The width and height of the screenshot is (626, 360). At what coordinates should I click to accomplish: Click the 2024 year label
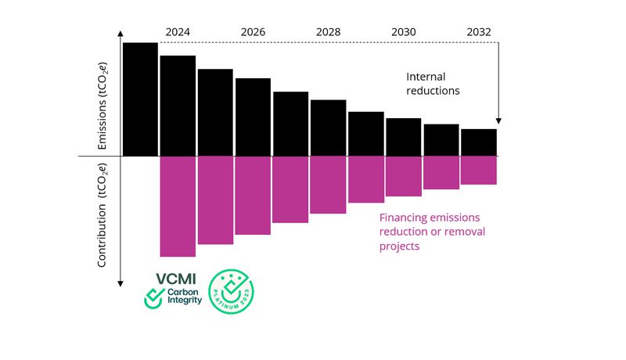[x=178, y=32]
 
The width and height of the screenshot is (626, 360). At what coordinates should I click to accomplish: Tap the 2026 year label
[x=253, y=32]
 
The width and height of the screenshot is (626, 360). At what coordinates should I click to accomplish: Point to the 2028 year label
[x=328, y=32]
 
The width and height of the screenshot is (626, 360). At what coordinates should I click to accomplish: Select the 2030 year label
[x=403, y=32]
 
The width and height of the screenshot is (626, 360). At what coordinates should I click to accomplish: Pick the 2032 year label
[x=478, y=32]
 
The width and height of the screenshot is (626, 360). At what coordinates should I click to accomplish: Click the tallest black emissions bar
[x=140, y=99]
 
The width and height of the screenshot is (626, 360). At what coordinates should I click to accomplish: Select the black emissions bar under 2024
[x=178, y=106]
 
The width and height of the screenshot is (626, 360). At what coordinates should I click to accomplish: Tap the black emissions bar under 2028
[x=328, y=128]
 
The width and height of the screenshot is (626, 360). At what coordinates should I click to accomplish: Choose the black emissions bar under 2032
[x=478, y=142]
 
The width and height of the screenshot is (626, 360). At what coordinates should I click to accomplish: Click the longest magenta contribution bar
[x=178, y=206]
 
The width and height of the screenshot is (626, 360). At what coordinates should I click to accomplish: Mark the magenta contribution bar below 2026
[x=253, y=195]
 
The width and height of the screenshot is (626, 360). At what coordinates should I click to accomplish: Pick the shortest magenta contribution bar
[x=478, y=170]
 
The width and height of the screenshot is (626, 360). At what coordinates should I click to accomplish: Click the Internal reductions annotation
[x=433, y=84]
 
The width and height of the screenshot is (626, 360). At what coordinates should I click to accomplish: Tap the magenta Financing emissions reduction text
[x=428, y=232]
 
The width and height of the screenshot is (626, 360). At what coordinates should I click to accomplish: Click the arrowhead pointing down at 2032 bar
[x=498, y=121]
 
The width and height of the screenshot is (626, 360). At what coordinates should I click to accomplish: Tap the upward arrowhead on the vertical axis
[x=121, y=34]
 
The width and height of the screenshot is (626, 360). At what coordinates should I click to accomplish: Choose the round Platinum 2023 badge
[x=232, y=292]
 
